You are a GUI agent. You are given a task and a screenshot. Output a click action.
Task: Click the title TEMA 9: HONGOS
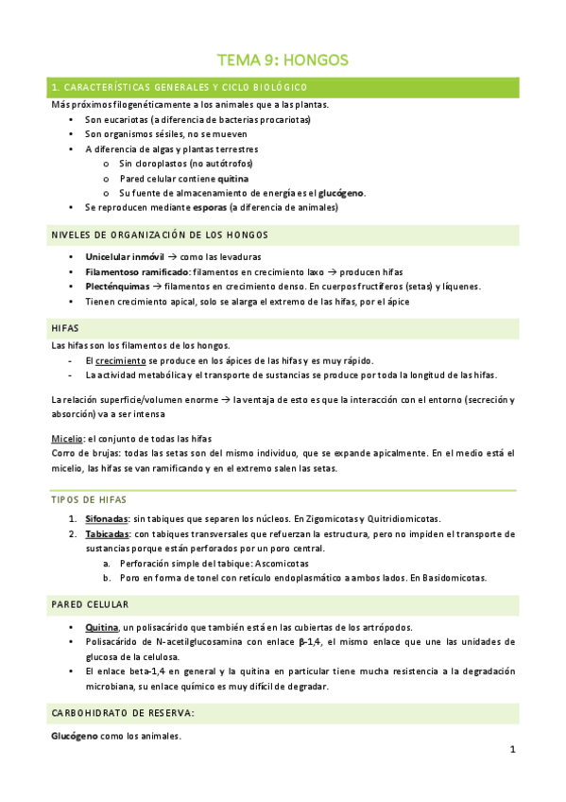click(x=283, y=60)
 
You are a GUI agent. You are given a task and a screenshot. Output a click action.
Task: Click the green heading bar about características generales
click(x=283, y=88)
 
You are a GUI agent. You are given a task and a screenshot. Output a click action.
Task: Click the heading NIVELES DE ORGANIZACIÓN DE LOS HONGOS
click(x=160, y=235)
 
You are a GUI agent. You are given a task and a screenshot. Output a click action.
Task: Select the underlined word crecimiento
click(x=120, y=360)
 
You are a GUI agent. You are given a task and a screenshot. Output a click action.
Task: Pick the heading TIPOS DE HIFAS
click(x=90, y=499)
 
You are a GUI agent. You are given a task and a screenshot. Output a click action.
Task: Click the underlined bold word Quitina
click(x=101, y=627)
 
